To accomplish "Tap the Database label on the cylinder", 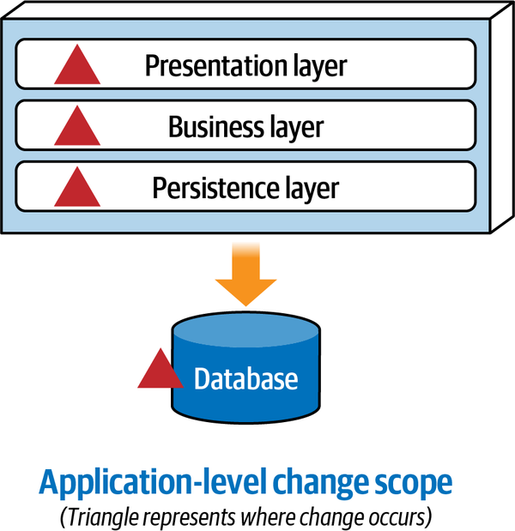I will coord(246,379).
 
